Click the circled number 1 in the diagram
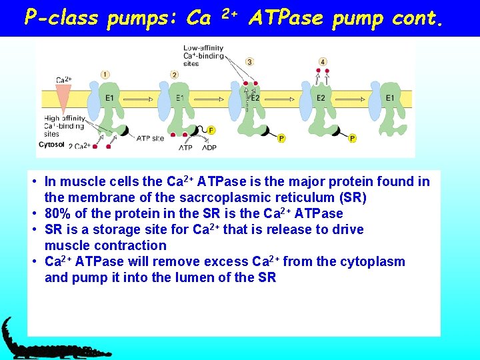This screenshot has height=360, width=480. coord(105,74)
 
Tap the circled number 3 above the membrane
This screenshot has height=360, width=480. coord(249,62)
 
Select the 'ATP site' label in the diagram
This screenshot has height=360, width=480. coord(149,139)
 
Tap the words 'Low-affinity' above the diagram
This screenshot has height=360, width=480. coord(203,48)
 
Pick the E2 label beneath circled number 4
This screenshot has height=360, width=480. coord(321,98)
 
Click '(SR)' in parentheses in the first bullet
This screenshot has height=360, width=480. coord(351,197)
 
